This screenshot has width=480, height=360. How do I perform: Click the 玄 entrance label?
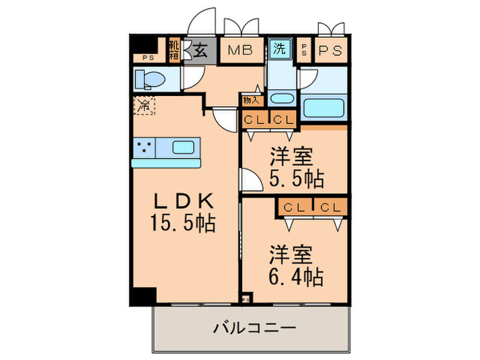click(x=200, y=51)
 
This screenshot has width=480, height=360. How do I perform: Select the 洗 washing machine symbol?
click(x=278, y=49)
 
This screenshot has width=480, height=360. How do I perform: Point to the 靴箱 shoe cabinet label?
click(x=174, y=50)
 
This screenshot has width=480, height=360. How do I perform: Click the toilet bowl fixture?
click(x=149, y=80)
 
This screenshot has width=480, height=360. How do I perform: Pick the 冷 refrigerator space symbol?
click(x=144, y=106)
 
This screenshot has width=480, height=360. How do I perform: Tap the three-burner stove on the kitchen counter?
click(x=144, y=147)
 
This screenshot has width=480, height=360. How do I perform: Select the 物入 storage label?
click(x=250, y=100)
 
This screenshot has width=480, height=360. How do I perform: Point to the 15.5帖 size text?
click(x=184, y=223)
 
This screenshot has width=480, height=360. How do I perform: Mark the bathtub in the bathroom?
click(x=326, y=108)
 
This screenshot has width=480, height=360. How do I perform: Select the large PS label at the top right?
click(x=330, y=51)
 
